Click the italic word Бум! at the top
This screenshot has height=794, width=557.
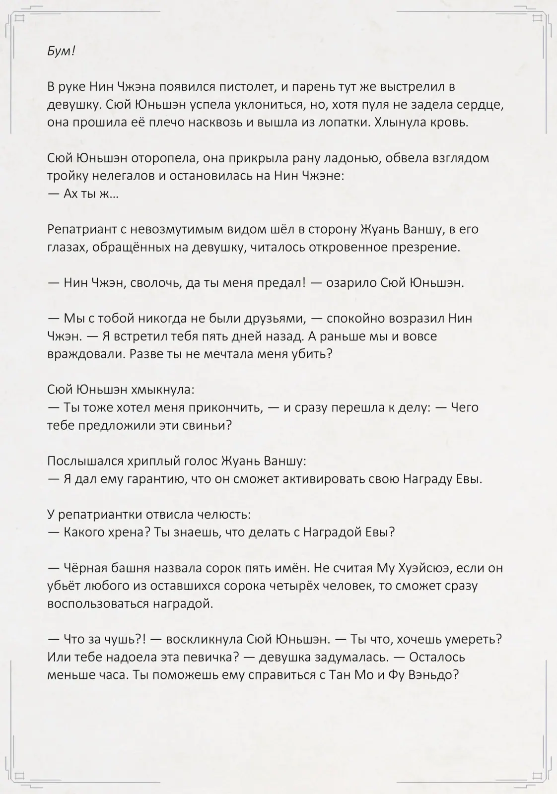pyautogui.click(x=61, y=51)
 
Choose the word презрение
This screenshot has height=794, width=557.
pyautogui.click(x=425, y=248)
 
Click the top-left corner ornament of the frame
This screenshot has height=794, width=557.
pyautogui.click(x=20, y=18)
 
